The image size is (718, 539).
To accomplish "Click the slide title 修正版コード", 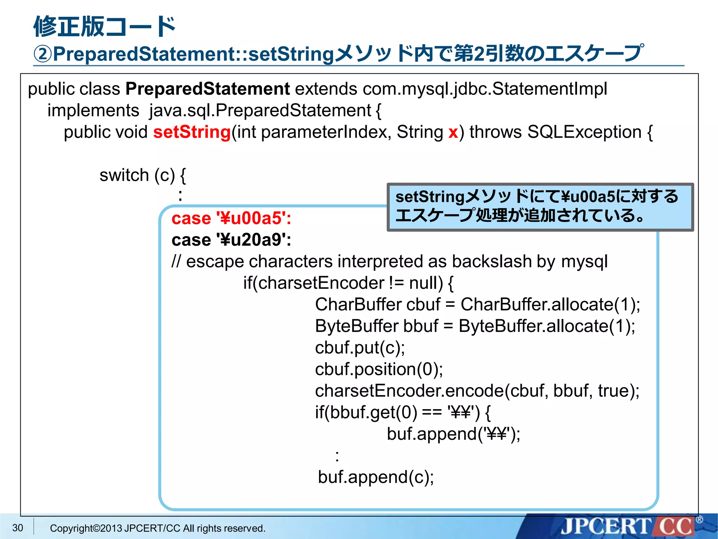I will click(104, 27).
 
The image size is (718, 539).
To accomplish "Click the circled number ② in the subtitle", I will click(42, 54).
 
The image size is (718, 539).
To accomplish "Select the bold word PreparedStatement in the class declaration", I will click(207, 89).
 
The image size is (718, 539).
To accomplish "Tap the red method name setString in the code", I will click(192, 132).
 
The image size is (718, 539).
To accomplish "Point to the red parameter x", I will click(453, 133).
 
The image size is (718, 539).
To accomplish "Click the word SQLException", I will click(584, 132).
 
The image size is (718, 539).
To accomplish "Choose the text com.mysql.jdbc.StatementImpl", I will click(485, 89).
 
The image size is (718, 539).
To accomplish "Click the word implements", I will click(93, 111).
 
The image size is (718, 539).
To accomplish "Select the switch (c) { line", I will click(142, 175).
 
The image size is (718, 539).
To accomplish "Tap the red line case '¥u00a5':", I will click(231, 218).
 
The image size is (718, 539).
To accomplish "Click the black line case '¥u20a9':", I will click(231, 240).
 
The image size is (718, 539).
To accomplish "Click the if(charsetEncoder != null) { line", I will click(348, 283).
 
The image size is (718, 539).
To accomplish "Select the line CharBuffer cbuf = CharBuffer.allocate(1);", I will click(477, 305).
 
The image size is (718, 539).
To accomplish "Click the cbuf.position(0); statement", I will click(379, 369).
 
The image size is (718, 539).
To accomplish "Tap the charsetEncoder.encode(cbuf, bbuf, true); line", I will click(477, 391).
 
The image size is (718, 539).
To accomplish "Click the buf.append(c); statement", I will click(375, 477).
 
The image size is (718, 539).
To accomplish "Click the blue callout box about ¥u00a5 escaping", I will click(540, 207).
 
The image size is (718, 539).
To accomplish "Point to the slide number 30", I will click(18, 528).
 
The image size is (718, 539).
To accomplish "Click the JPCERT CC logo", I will click(628, 526).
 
